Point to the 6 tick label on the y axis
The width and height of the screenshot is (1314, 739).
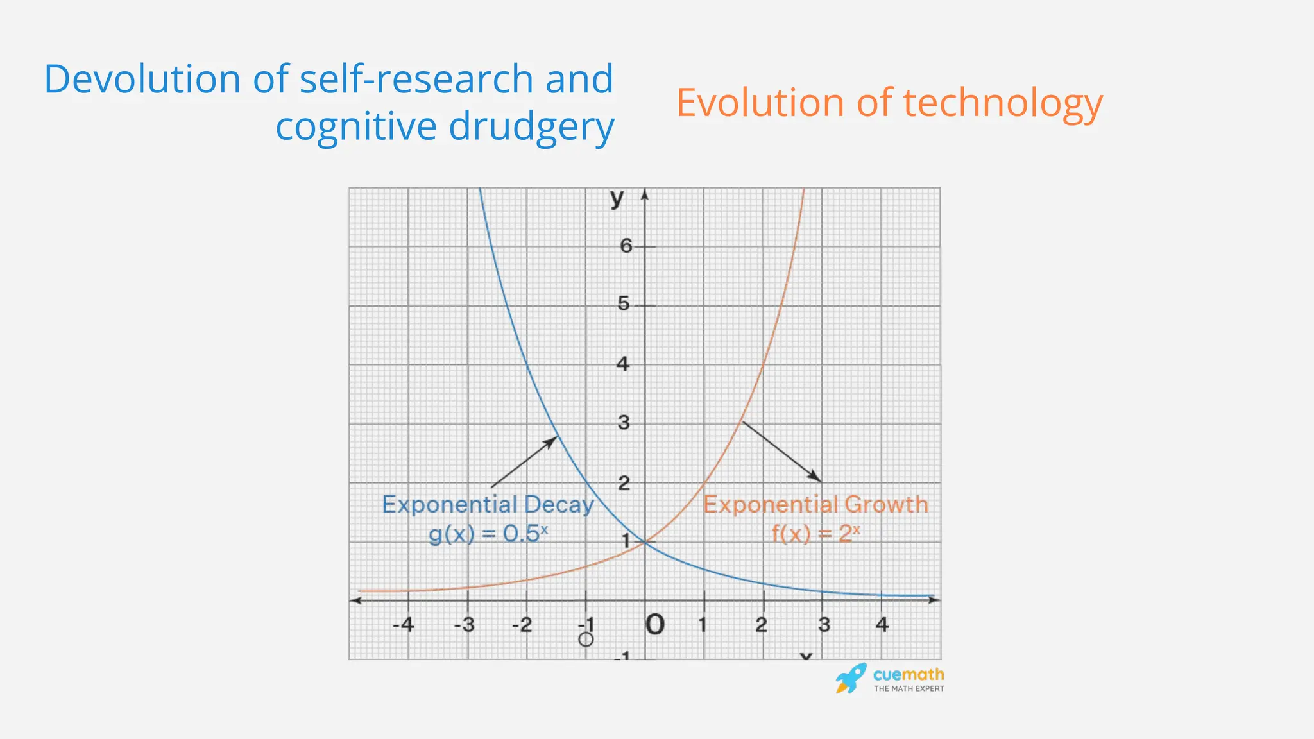pyautogui.click(x=626, y=246)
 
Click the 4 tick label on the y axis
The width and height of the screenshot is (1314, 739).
pyautogui.click(x=622, y=364)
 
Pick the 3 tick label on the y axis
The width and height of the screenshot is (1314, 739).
pyautogui.click(x=623, y=423)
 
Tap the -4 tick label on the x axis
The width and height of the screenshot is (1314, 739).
pyautogui.click(x=404, y=624)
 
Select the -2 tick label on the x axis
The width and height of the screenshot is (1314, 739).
pyautogui.click(x=522, y=624)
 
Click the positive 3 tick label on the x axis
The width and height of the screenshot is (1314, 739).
pyautogui.click(x=824, y=624)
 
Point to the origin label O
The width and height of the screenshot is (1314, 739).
pyautogui.click(x=654, y=625)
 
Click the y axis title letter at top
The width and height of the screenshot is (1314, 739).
pyautogui.click(x=617, y=198)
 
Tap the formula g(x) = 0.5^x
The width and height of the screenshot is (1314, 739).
pyautogui.click(x=488, y=534)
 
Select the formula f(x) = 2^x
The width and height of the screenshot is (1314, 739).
pyautogui.click(x=815, y=534)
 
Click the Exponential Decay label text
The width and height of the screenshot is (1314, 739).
pyautogui.click(x=488, y=505)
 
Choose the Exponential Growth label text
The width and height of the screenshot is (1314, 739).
pyautogui.click(x=815, y=505)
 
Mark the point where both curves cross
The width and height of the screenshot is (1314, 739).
pyautogui.click(x=645, y=543)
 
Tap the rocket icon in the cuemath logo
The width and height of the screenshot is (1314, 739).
pyautogui.click(x=851, y=678)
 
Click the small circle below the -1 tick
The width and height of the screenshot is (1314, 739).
pyautogui.click(x=586, y=640)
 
